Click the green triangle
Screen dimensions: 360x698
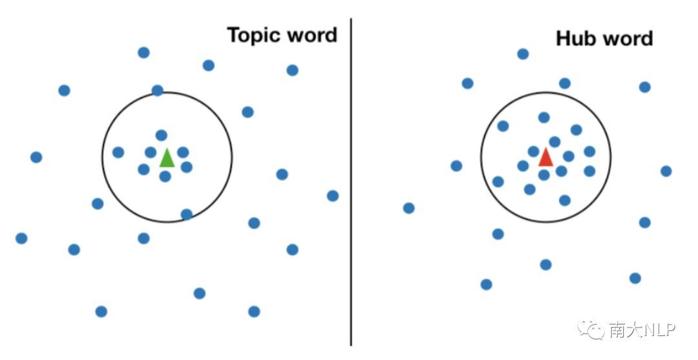pyautogui.click(x=167, y=158)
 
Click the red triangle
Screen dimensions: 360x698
pyautogui.click(x=545, y=157)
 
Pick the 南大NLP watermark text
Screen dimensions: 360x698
pyautogui.click(x=642, y=330)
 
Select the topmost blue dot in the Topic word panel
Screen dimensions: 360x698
pyautogui.click(x=143, y=52)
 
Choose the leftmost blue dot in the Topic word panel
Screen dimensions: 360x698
pyautogui.click(x=21, y=238)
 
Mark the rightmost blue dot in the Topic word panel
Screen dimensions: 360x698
pyautogui.click(x=333, y=196)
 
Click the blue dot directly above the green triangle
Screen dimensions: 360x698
pyautogui.click(x=162, y=135)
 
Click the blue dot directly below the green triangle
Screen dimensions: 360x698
pyautogui.click(x=165, y=176)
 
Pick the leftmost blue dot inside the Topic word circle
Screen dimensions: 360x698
pyautogui.click(x=118, y=153)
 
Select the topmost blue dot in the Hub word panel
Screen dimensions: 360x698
pyautogui.click(x=523, y=54)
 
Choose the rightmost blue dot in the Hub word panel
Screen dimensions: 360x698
pyautogui.click(x=666, y=171)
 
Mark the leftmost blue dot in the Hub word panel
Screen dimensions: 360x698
pyautogui.click(x=408, y=208)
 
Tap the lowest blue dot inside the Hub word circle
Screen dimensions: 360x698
pyautogui.click(x=565, y=200)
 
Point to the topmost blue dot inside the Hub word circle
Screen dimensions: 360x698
pyautogui.click(x=544, y=118)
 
